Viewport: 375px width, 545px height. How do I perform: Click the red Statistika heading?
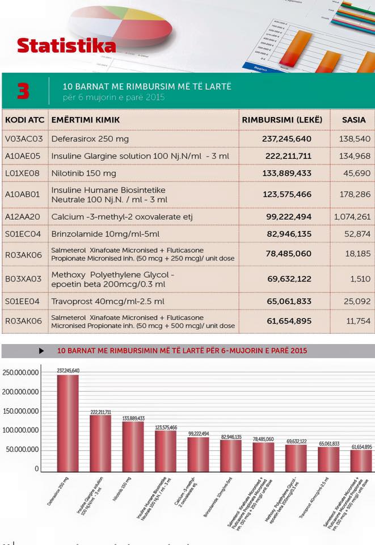point(66,45)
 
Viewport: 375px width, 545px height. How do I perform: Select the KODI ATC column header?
point(24,120)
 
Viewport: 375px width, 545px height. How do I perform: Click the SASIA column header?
point(353,120)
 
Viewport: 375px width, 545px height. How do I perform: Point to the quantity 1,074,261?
point(352,217)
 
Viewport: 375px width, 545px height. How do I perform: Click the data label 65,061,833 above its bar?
point(329,444)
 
